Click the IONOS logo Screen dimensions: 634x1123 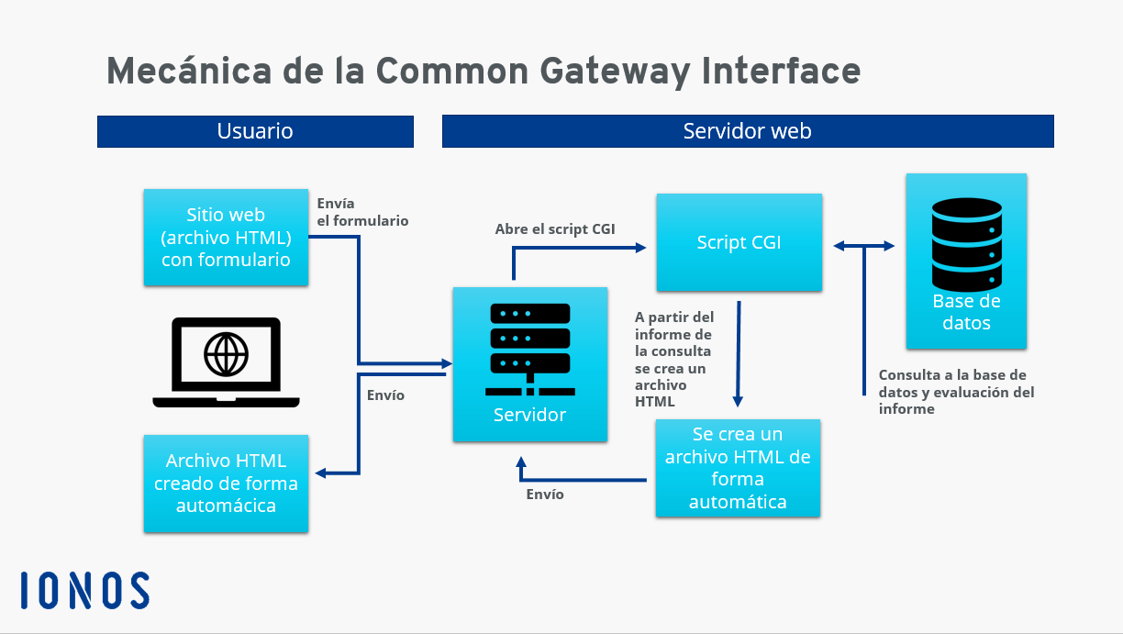(84, 591)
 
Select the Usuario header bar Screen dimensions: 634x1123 (255, 131)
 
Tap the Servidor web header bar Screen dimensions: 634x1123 (747, 131)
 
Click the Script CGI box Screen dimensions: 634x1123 (739, 243)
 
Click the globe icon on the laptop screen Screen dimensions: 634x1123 (226, 353)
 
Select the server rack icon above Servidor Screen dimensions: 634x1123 (529, 344)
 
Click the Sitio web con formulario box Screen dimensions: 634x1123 (226, 237)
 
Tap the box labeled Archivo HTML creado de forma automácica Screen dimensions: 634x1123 (226, 484)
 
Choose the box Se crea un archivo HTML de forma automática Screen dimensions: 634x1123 (738, 468)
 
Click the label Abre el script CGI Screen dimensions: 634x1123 (555, 229)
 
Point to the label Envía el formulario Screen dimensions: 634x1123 (361, 212)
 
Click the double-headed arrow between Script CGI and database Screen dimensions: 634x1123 (863, 245)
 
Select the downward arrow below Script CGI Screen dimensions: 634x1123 (738, 353)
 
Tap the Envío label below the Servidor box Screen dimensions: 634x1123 (545, 495)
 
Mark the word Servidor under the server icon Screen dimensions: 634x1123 (529, 415)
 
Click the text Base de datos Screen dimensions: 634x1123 (966, 312)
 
